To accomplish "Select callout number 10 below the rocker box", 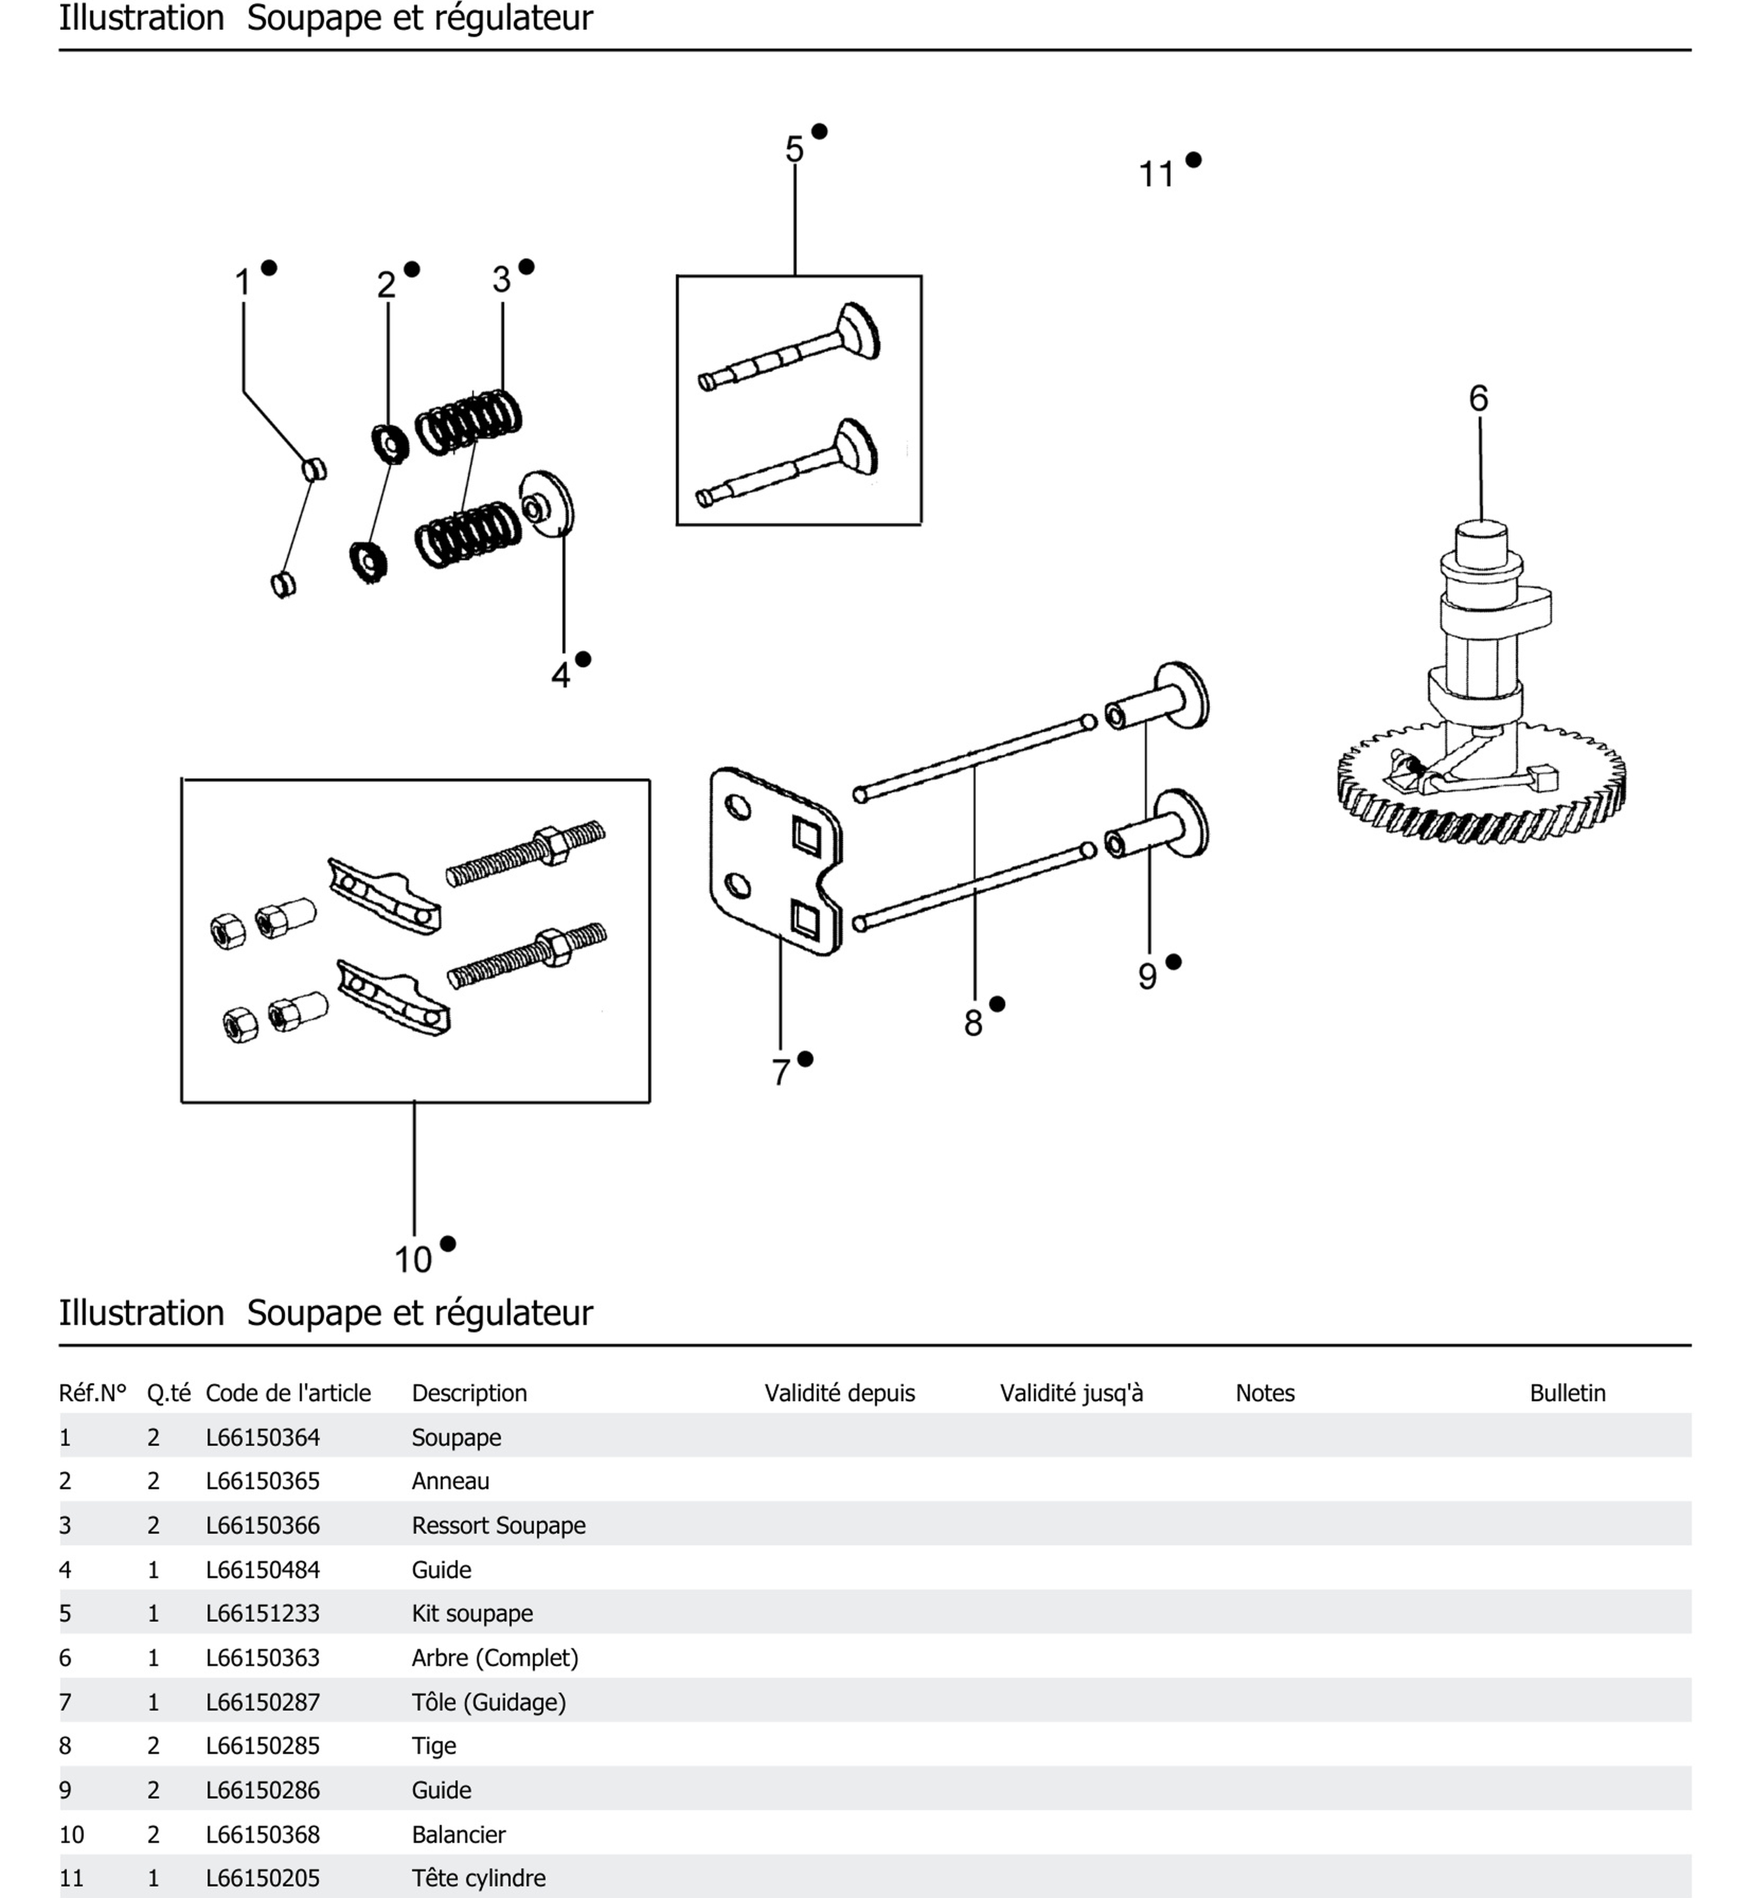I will (x=413, y=1259).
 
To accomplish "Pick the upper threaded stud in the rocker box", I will (x=526, y=853).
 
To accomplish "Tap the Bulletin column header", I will (x=1567, y=1393).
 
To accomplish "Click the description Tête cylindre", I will (x=478, y=1877).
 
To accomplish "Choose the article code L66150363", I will (x=263, y=1658).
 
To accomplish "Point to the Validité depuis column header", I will (x=839, y=1393).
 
